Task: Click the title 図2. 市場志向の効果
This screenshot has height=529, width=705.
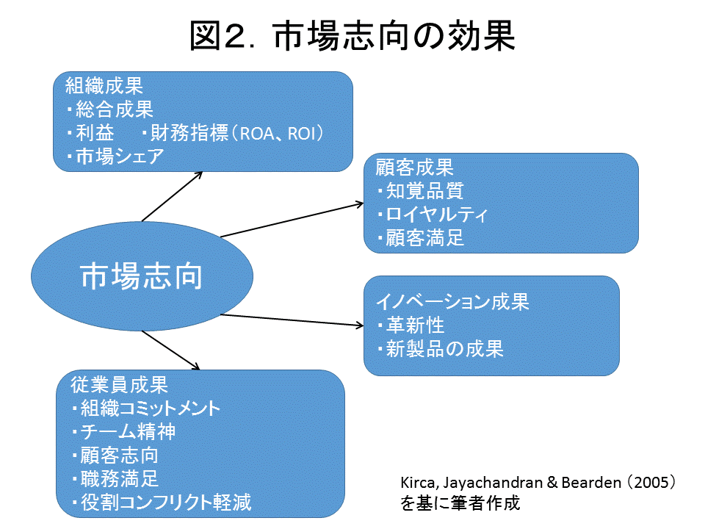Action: [x=352, y=36]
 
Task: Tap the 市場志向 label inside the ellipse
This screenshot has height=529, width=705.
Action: [x=142, y=276]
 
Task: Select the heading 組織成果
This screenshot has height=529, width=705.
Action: [x=104, y=85]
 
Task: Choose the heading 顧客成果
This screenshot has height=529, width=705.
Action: [x=414, y=168]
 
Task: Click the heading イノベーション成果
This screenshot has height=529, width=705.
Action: [x=452, y=301]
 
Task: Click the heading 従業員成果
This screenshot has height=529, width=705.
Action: [x=119, y=384]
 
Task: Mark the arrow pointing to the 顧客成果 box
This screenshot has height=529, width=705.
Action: [x=292, y=220]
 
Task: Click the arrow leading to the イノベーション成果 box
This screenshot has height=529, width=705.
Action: [x=292, y=320]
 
